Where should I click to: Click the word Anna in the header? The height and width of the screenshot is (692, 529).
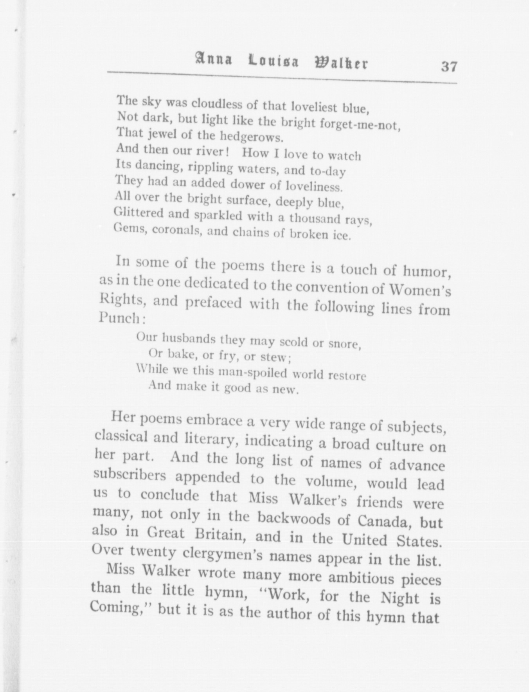[x=213, y=60]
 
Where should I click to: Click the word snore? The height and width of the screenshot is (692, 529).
[x=344, y=344]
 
